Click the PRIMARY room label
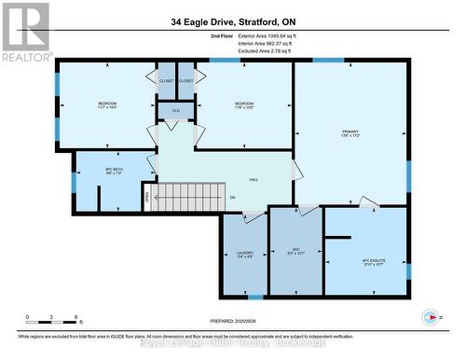pyautogui.click(x=350, y=132)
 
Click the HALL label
pyautogui.click(x=253, y=181)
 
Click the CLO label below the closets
pyautogui.click(x=174, y=111)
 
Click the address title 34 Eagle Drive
pyautogui.click(x=232, y=21)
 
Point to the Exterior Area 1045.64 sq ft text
pyautogui.click(x=252, y=35)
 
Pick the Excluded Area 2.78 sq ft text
pyautogui.click(x=245, y=50)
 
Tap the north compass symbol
pyautogui.click(x=430, y=315)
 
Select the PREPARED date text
pyautogui.click(x=226, y=324)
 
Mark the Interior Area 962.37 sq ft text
pyautogui.click(x=249, y=43)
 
